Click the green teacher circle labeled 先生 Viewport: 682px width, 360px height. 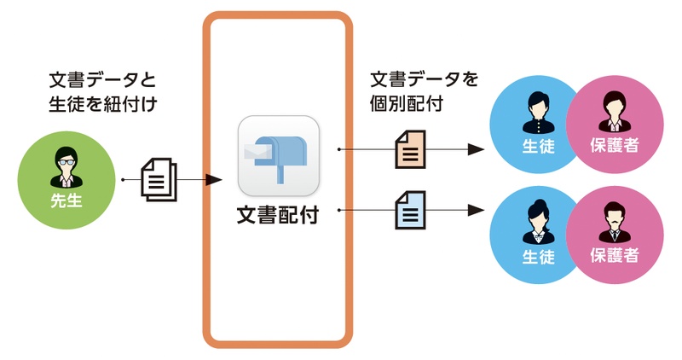65,179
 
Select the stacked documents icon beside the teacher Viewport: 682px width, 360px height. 158,179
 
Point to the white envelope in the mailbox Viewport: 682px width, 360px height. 257,152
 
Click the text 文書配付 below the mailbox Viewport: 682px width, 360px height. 278,215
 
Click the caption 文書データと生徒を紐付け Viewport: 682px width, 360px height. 104,93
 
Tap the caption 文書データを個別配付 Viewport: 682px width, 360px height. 424,90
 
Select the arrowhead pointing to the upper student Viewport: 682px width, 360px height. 477,149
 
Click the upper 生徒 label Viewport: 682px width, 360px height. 538,146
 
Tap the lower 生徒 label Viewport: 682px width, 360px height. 538,255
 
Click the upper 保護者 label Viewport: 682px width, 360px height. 615,146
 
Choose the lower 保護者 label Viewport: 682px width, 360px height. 615,255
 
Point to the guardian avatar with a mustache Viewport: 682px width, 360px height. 615,220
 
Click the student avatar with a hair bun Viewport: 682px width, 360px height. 538,219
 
